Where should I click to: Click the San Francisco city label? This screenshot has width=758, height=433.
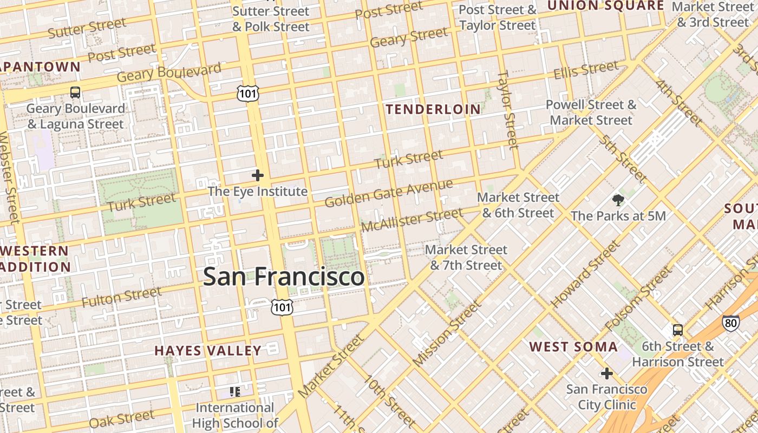[x=284, y=277]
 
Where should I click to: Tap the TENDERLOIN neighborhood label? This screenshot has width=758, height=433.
[x=433, y=109]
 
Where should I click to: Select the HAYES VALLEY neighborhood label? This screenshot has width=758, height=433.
[x=208, y=351]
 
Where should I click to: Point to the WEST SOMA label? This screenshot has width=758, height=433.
[x=573, y=346]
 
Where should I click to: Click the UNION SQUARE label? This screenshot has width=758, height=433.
[x=605, y=6]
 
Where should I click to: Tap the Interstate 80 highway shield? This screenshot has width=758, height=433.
[x=730, y=323]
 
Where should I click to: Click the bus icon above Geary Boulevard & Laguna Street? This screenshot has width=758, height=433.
[x=75, y=93]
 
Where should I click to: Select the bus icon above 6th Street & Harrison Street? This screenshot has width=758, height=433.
[x=677, y=330]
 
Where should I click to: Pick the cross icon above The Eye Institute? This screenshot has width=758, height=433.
[x=258, y=175]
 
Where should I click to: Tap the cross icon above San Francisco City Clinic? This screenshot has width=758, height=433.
[x=606, y=373]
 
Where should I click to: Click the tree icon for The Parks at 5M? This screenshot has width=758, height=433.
[x=618, y=200]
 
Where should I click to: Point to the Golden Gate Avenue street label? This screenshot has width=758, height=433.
[x=389, y=193]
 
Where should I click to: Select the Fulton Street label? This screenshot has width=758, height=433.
[x=121, y=298]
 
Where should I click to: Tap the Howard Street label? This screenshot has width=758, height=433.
[x=584, y=274]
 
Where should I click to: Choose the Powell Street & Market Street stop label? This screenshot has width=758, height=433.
[x=591, y=112]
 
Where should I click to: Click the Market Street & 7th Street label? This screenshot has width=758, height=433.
[x=466, y=258]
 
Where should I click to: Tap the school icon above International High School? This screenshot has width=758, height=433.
[x=234, y=391]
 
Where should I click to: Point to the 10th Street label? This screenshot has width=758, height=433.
[x=390, y=400]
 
